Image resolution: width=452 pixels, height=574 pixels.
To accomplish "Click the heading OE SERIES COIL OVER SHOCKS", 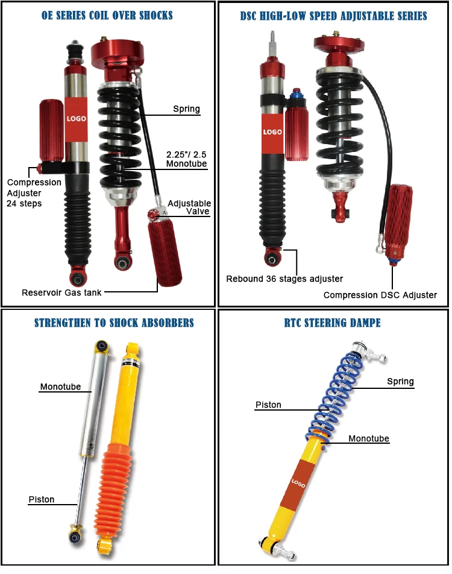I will coord(107,15).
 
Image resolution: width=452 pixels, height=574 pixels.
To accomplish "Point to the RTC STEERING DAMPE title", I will coord(333,323).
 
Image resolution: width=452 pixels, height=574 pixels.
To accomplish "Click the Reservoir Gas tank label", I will coord(61,292).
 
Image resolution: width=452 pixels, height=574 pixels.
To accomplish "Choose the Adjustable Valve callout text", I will coord(189,208).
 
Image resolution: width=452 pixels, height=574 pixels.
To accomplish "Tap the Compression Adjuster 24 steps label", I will coord(33,193).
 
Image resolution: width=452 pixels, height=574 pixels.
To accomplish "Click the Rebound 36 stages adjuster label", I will coord(284,279).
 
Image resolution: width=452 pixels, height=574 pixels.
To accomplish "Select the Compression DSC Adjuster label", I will coord(380,295).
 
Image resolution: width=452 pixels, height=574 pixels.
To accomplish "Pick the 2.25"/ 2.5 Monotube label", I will coord(186,159).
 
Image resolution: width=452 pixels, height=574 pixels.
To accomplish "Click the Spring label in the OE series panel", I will coord(186,109).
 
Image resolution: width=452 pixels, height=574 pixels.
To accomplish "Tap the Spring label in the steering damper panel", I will coord(400,381).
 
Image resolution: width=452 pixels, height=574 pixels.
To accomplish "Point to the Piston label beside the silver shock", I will coord(42,499).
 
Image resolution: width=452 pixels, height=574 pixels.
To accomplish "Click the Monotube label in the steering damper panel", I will coord(369,438).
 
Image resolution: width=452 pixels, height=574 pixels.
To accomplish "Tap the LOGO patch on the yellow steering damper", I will coord(299,482).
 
